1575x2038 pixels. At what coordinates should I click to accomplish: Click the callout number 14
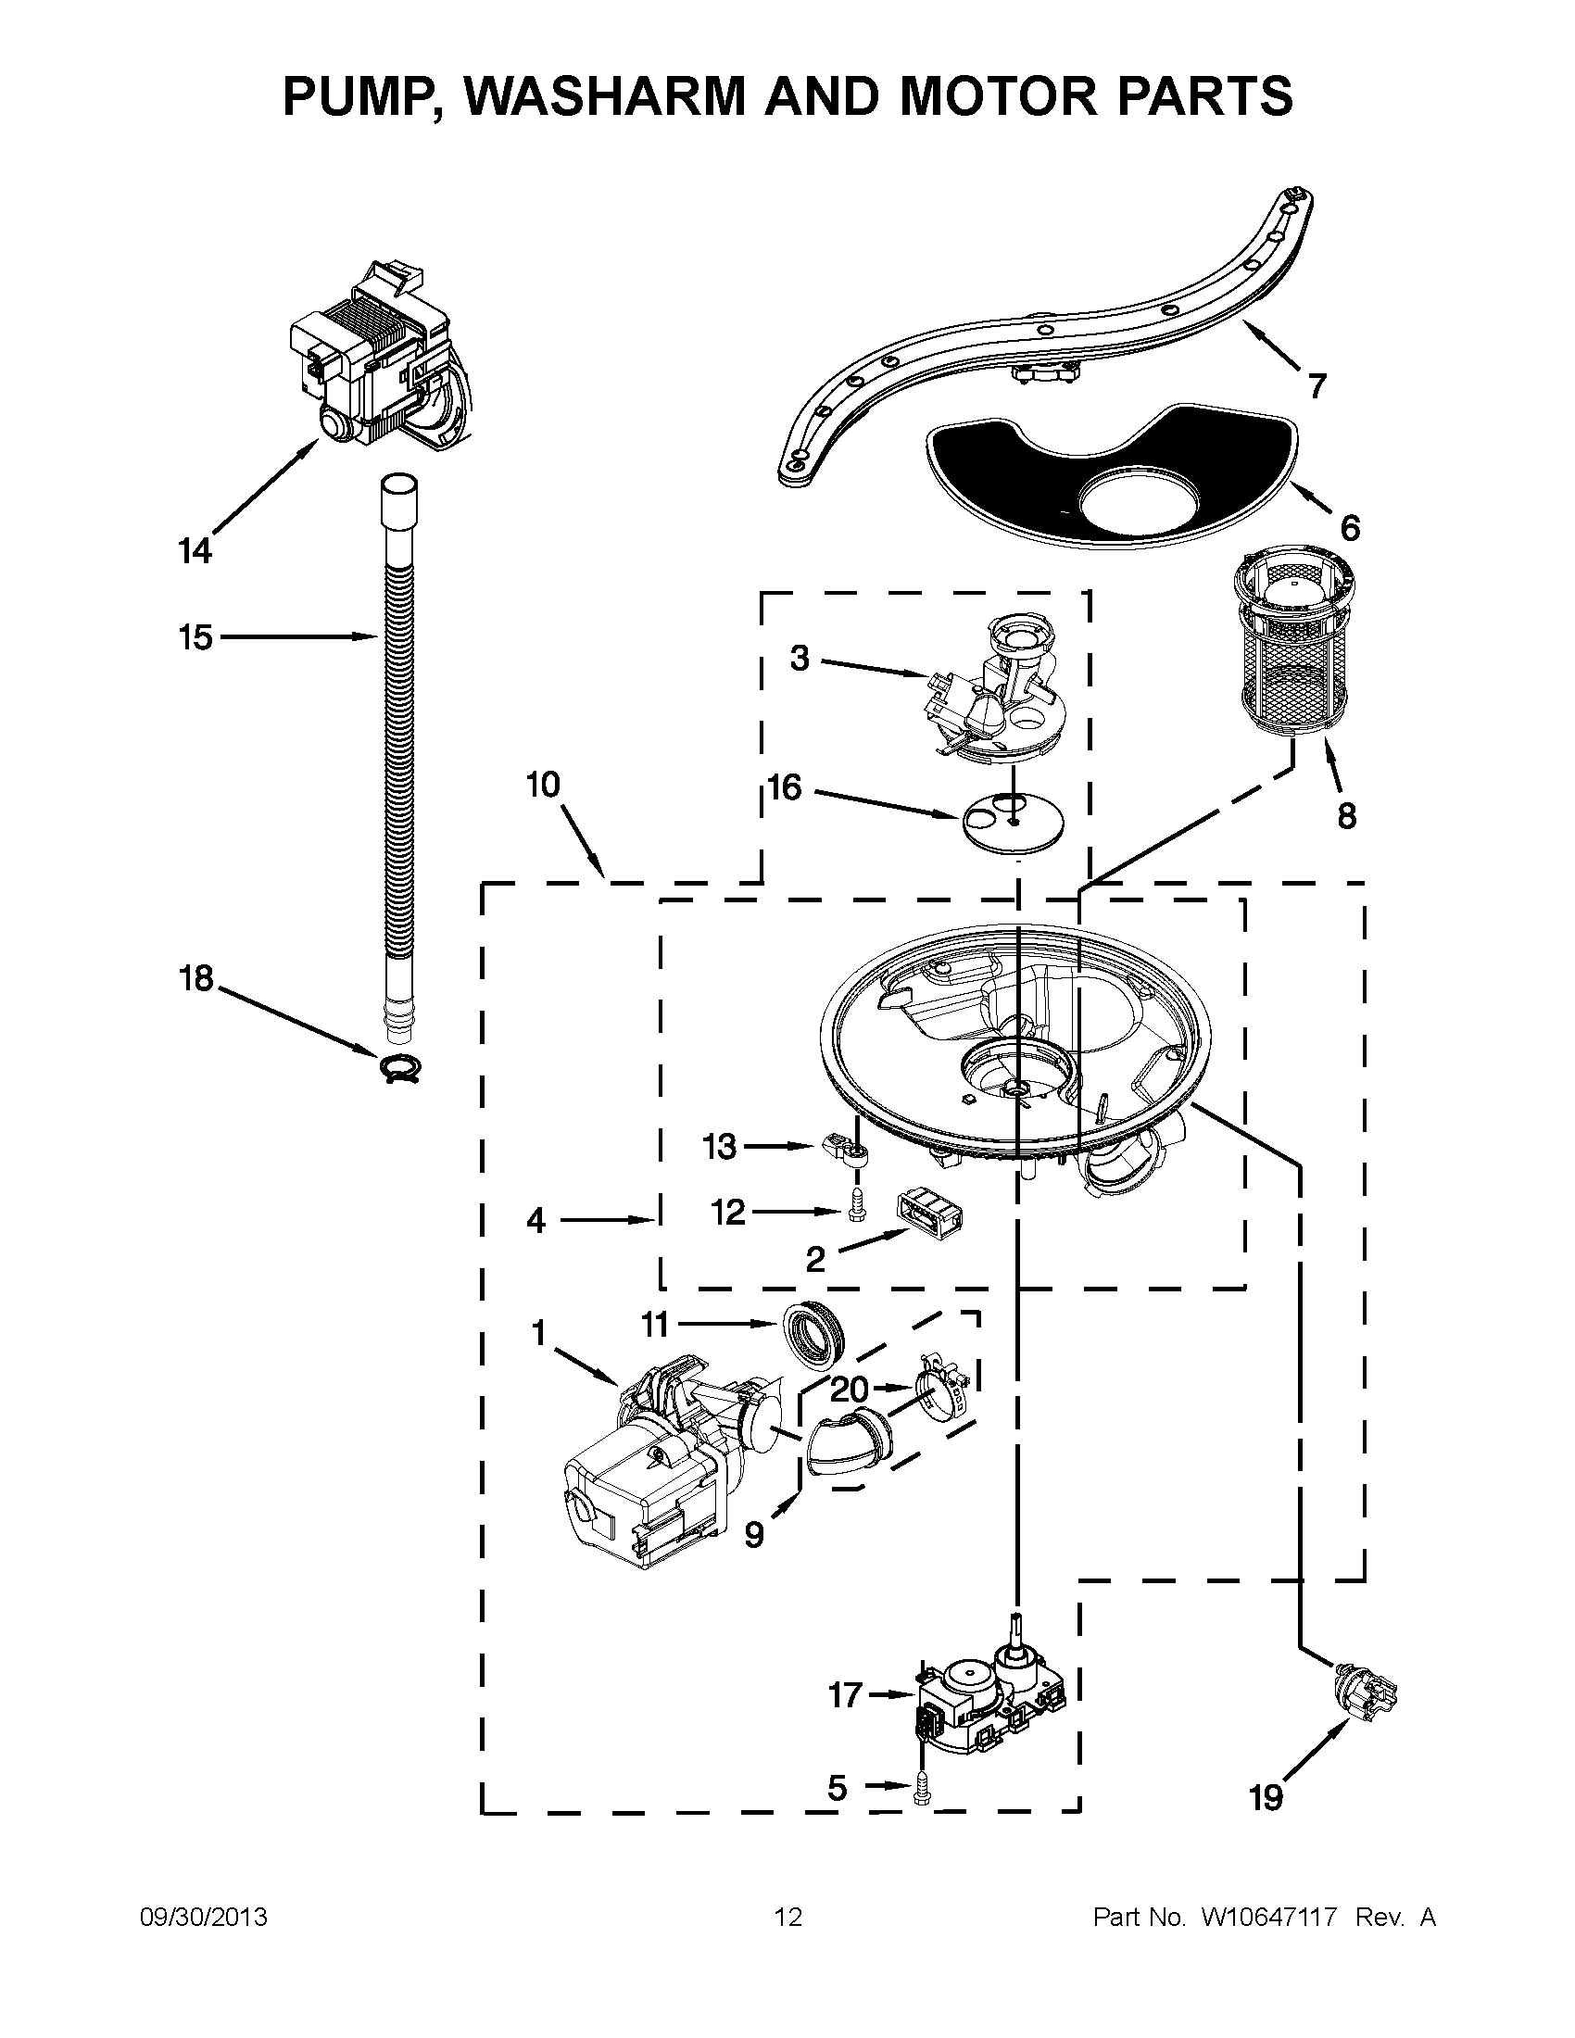[x=195, y=551]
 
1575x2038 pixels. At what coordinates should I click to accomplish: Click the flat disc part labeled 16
[x=1013, y=822]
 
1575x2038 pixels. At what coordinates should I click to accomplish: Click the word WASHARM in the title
[x=610, y=96]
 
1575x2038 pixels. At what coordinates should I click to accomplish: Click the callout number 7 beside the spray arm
[x=1317, y=385]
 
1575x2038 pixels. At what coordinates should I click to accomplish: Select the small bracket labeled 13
[x=848, y=1150]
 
